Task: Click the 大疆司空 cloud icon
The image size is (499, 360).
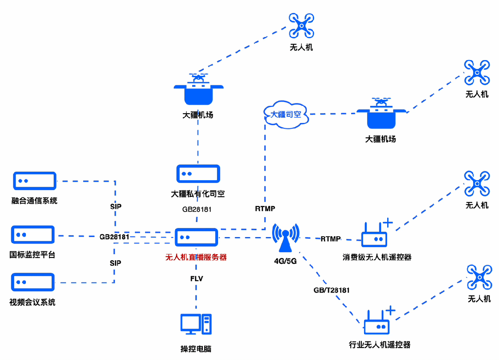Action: pos(286,115)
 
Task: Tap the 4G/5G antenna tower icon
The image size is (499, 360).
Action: pos(286,238)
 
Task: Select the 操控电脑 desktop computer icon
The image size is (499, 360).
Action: pos(196,324)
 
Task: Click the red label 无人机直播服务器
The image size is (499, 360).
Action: pos(196,257)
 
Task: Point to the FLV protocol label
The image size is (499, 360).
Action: pos(196,279)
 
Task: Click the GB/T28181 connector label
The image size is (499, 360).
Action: pos(332,290)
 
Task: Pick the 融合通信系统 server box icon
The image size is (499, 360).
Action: pos(35,181)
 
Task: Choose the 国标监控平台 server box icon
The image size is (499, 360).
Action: pos(33,235)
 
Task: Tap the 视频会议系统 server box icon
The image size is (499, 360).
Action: pos(33,282)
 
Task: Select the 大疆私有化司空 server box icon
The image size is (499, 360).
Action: pos(198,173)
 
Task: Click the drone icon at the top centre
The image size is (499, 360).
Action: pos(301,25)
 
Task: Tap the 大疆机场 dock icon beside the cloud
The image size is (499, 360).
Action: pos(381,113)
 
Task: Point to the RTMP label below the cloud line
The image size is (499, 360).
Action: pos(265,208)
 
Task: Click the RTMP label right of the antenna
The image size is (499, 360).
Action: pos(331,239)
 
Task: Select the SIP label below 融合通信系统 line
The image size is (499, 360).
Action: pos(116,206)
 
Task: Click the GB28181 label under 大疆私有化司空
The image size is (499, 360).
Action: pos(197,209)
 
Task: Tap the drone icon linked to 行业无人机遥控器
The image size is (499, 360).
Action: pos(479,277)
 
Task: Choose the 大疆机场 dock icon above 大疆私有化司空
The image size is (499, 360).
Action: pos(198,89)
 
